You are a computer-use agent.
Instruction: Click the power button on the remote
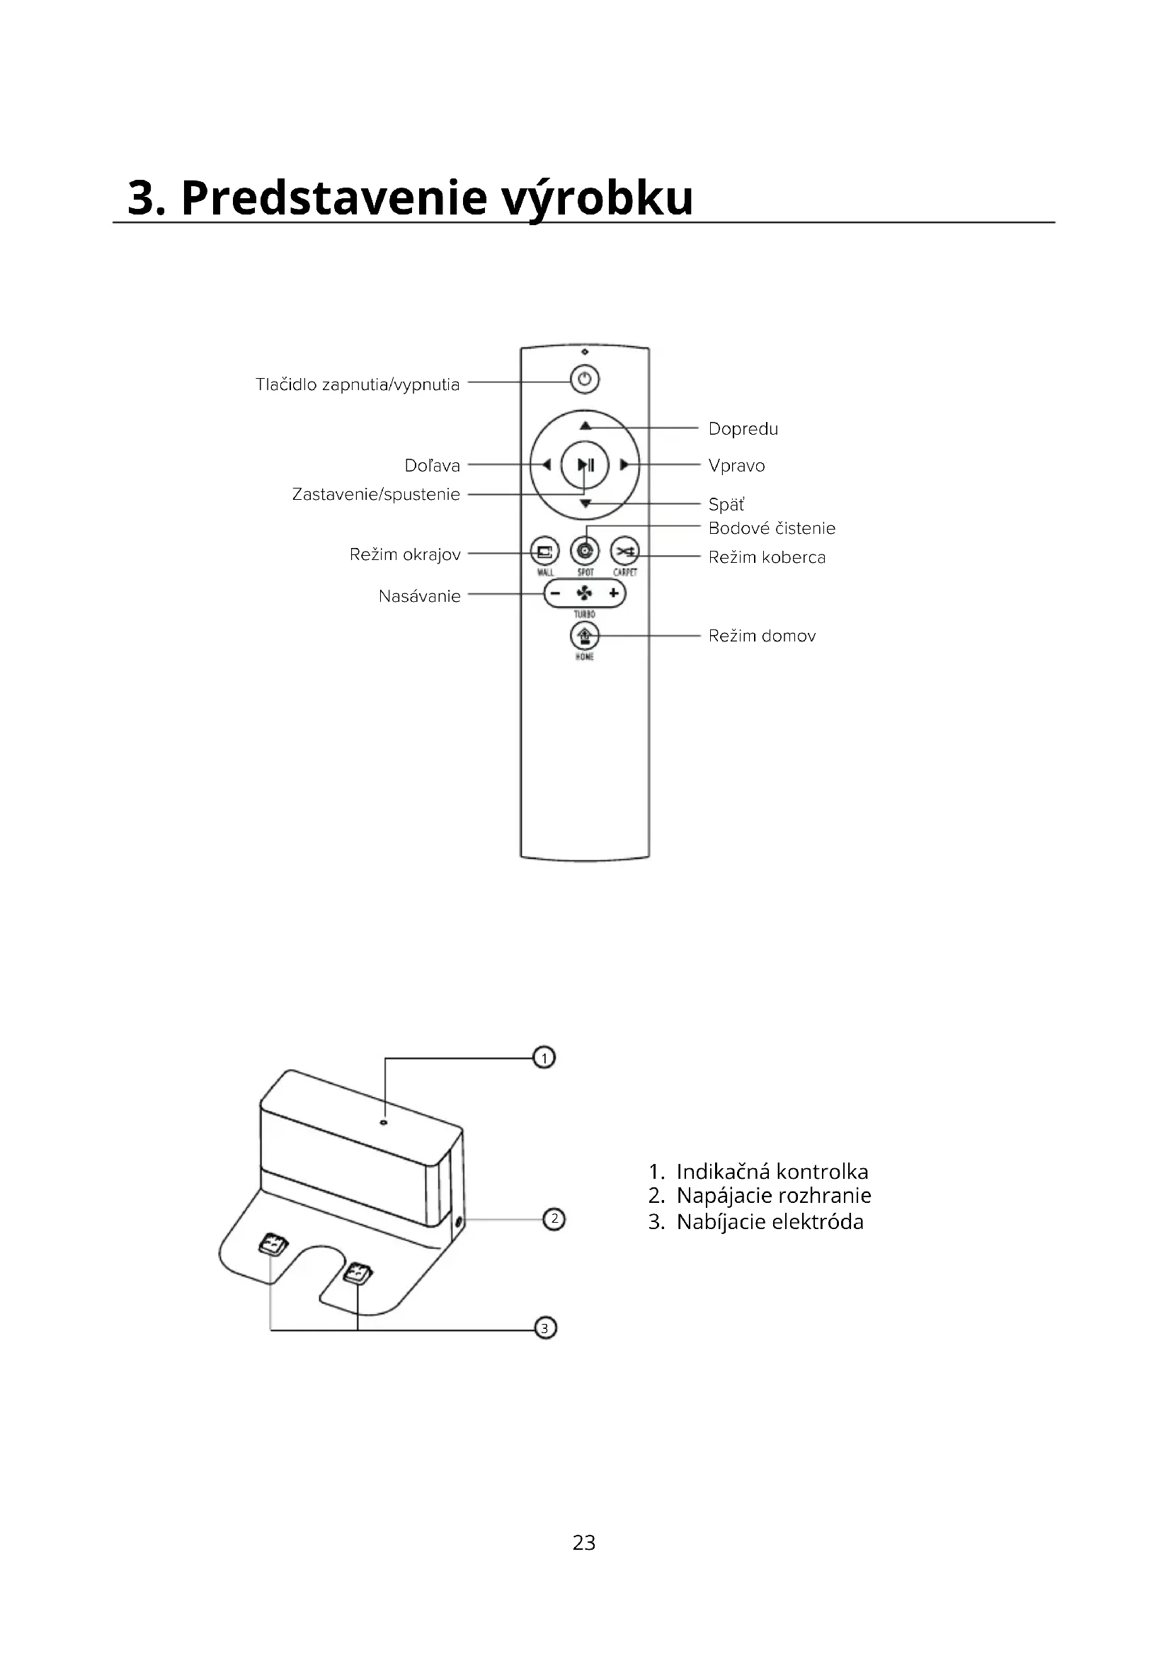[x=585, y=379]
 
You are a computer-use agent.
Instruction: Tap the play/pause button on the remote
[x=585, y=465]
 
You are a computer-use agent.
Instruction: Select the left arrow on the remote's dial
[x=547, y=465]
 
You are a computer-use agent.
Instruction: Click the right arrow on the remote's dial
[x=624, y=465]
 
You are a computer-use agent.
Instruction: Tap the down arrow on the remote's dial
[x=585, y=503]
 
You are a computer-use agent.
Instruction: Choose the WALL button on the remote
[x=544, y=552]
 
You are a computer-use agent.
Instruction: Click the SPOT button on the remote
[x=585, y=552]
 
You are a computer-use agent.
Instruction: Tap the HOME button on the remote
[x=585, y=636]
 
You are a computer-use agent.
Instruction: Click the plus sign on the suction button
[x=614, y=593]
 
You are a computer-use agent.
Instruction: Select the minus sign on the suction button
[x=555, y=593]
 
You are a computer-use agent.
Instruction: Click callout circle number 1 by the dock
[x=544, y=1058]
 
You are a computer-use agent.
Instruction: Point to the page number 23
[x=584, y=1542]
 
